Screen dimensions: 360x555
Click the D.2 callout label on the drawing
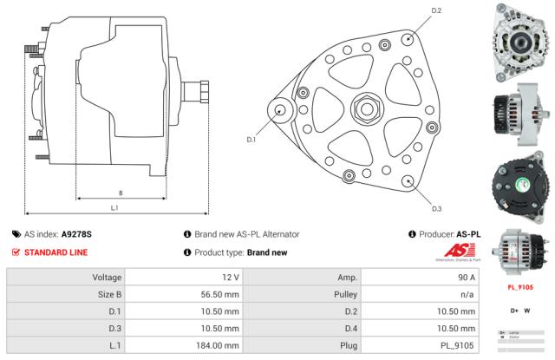tap(436, 10)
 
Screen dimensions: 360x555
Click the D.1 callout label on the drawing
tap(251, 139)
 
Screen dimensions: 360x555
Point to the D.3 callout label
tap(436, 208)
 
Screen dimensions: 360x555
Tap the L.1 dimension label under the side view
tap(114, 207)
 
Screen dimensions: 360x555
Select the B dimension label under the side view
tap(120, 193)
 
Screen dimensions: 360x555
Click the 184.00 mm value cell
tap(183, 345)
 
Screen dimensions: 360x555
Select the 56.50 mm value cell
tap(183, 294)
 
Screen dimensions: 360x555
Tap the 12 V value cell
tap(183, 278)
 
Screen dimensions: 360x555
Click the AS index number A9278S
tap(76, 234)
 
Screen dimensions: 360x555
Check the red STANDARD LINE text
tap(55, 252)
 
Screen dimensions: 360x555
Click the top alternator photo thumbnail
tap(519, 36)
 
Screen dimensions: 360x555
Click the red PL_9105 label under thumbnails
tap(519, 287)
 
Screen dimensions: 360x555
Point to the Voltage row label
tap(65, 278)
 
